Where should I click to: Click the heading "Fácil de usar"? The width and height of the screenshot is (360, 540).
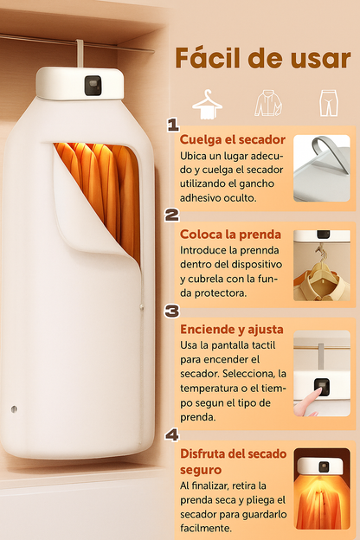point(263,58)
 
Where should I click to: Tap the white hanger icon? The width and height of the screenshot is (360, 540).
point(207,105)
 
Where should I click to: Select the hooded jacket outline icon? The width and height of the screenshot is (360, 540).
point(268,103)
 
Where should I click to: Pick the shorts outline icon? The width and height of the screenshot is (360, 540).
point(328,103)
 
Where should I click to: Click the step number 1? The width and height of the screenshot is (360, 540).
point(173,125)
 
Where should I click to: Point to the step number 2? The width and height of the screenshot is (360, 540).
point(172,215)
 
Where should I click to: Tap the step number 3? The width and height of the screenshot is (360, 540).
point(172,311)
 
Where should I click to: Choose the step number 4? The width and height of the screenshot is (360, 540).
point(172,435)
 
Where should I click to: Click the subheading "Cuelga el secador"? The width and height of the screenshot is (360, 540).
point(233,139)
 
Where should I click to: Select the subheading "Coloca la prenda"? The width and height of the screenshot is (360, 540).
point(230,235)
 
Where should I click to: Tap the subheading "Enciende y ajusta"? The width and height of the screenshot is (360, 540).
point(232,329)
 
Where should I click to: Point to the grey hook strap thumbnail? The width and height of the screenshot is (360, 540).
point(322,169)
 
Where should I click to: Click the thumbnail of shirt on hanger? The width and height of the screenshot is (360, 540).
point(322,266)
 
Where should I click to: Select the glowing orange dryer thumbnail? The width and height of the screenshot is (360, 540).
point(322,489)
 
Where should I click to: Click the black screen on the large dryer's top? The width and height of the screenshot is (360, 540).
point(93,86)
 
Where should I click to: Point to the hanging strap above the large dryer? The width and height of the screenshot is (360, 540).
point(80,53)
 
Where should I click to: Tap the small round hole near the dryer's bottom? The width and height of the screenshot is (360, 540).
point(14,408)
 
